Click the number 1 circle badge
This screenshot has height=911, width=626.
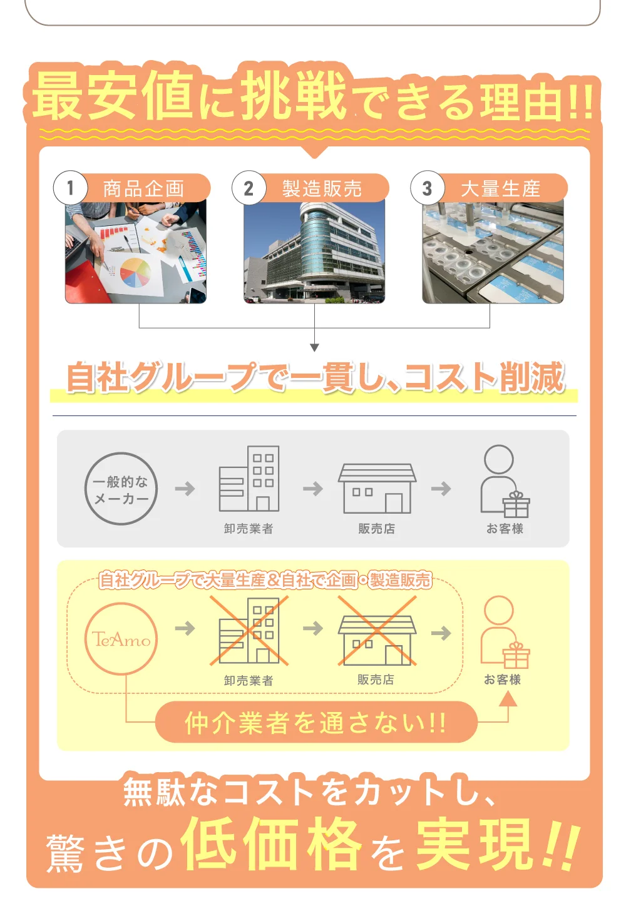[x=70, y=188]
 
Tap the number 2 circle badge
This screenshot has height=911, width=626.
[x=249, y=188]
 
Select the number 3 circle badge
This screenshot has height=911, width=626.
[x=427, y=188]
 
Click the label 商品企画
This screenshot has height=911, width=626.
[x=143, y=188]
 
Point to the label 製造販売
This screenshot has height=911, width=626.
[x=322, y=188]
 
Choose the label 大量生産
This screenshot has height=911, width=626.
[x=500, y=188]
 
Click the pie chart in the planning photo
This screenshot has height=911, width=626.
[x=135, y=272]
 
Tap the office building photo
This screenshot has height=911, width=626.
[x=314, y=253]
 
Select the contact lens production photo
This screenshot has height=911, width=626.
[x=493, y=253]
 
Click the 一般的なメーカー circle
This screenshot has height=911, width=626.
[x=121, y=489]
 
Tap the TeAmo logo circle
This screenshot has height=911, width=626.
[x=121, y=639]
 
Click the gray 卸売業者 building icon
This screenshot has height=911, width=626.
[x=249, y=479]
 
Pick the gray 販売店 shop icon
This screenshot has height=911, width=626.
[x=377, y=488]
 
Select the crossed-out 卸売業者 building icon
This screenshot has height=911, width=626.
[x=249, y=630]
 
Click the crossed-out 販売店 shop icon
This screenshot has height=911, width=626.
[x=377, y=639]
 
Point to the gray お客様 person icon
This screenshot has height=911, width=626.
[x=504, y=481]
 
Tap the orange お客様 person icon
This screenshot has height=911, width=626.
[x=504, y=632]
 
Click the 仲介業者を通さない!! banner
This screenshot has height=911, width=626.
[x=316, y=723]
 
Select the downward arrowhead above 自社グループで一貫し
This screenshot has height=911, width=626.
[x=314, y=347]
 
